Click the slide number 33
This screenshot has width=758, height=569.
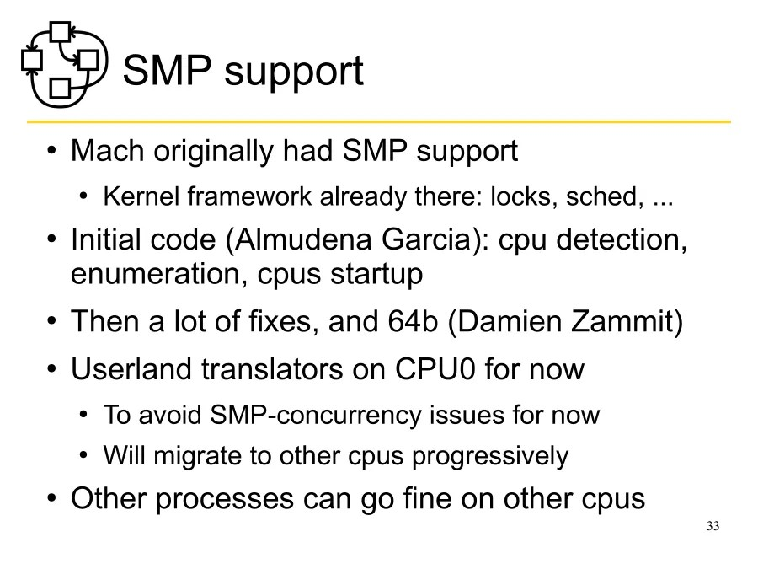[713, 527]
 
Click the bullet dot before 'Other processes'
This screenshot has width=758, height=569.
[52, 499]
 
